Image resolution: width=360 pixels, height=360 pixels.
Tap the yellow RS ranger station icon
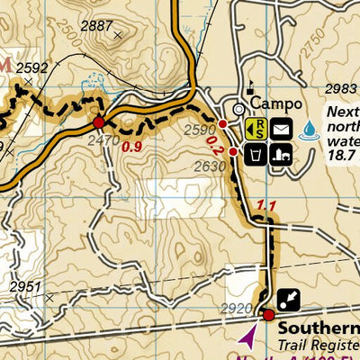[256, 129]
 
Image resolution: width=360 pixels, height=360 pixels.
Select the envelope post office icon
[281, 129]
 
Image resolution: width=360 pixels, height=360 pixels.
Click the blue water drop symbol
[310, 130]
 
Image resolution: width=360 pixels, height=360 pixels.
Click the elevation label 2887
[96, 26]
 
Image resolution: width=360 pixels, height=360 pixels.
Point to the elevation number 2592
[31, 67]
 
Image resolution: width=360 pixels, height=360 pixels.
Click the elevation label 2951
[26, 287]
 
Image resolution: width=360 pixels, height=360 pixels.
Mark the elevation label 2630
[209, 166]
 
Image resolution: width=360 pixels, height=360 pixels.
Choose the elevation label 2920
[239, 308]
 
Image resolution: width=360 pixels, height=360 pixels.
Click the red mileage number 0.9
[131, 145]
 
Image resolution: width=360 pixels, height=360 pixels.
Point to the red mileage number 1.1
[265, 206]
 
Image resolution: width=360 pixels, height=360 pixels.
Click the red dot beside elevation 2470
[98, 122]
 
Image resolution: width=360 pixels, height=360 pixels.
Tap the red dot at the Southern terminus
[268, 315]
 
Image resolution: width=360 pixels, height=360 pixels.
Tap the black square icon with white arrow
[288, 298]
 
